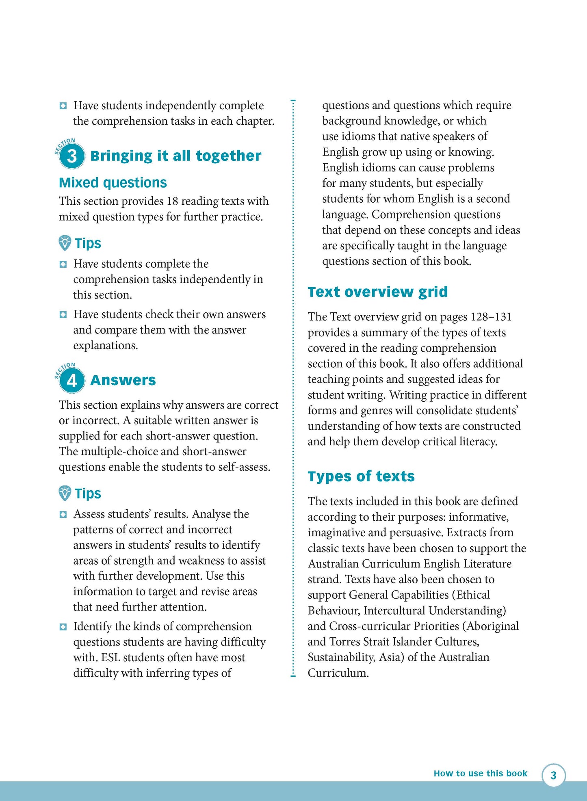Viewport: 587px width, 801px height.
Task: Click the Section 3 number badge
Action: [x=72, y=156]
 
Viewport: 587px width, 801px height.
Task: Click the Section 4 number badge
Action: [x=72, y=381]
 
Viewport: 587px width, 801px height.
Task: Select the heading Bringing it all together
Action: [x=175, y=156]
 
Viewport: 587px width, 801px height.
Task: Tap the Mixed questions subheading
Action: [x=113, y=183]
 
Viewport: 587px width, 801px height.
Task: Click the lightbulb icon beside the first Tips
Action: [x=65, y=243]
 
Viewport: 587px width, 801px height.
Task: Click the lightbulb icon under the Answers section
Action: [x=65, y=493]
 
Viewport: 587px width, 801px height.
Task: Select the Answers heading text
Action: [x=123, y=381]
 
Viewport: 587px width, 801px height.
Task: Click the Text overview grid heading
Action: [x=377, y=292]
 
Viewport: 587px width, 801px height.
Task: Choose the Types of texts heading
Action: [x=361, y=476]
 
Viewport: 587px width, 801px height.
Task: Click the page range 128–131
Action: [x=491, y=317]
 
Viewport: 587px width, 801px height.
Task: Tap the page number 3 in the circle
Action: [x=553, y=775]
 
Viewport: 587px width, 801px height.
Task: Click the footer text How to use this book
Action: [x=480, y=773]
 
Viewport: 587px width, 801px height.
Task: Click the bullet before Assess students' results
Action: [x=63, y=515]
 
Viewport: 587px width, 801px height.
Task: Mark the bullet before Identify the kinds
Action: [x=63, y=627]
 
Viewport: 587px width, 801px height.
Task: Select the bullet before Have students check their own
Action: [x=63, y=314]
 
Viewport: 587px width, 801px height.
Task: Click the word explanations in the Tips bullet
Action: [x=105, y=346]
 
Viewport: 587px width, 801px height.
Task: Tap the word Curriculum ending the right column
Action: [x=338, y=673]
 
